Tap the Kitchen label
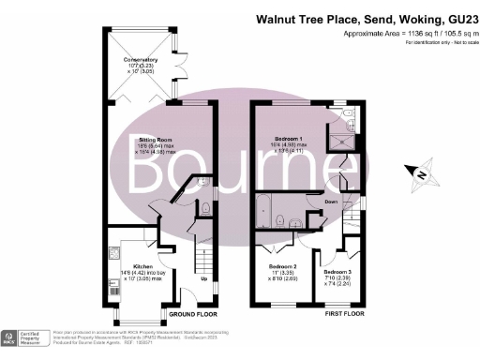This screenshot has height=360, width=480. (128, 266)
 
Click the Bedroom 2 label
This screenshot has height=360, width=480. (282, 266)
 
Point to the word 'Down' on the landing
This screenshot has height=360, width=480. (331, 202)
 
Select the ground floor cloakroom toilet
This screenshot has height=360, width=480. (204, 208)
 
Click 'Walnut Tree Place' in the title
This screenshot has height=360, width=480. (294, 18)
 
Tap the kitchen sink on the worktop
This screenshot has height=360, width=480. (113, 252)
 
